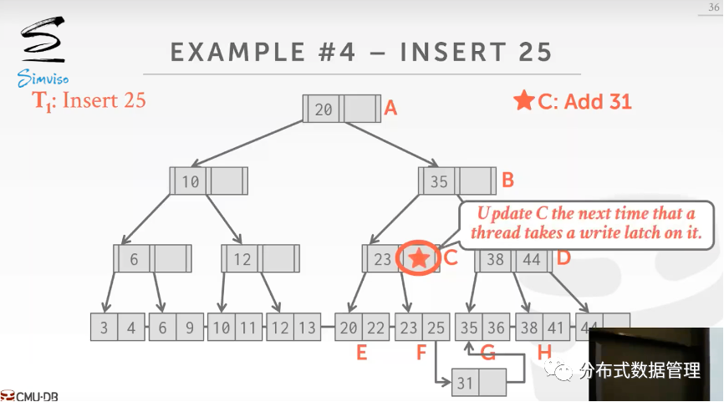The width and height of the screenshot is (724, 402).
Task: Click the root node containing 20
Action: click(324, 109)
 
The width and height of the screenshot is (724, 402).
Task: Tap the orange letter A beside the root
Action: click(390, 108)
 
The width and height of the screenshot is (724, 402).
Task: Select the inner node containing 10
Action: click(191, 181)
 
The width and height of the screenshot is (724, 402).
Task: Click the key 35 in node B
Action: click(439, 181)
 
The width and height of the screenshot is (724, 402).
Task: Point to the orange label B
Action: click(507, 180)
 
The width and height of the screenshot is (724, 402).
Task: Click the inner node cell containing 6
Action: click(134, 259)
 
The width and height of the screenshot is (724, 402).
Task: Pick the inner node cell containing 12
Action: click(242, 259)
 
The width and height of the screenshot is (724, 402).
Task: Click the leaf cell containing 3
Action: click(104, 328)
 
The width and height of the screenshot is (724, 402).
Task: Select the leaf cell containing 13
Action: click(307, 328)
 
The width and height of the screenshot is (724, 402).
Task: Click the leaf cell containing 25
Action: click(434, 328)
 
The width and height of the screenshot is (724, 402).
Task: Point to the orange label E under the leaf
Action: click(361, 353)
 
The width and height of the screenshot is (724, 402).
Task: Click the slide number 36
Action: click(712, 8)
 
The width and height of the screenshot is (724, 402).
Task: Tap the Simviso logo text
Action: click(43, 79)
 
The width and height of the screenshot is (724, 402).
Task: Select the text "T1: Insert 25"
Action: click(89, 101)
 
